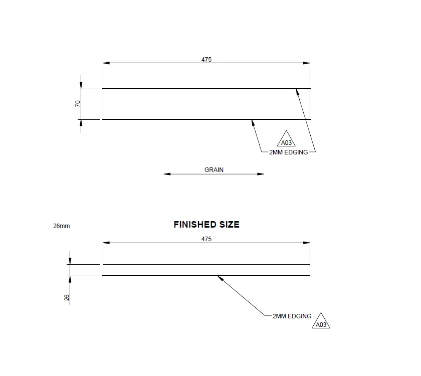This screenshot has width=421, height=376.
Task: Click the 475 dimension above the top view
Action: [x=206, y=59]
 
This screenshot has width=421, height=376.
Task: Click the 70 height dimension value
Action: [x=78, y=104]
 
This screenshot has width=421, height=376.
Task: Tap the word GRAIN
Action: [x=214, y=170]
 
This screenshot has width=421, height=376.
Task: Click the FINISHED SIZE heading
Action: [x=206, y=225]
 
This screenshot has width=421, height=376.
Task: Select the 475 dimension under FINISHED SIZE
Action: [x=206, y=239]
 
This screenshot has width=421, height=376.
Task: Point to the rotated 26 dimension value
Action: [x=67, y=297]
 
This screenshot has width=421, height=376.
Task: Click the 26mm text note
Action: [x=61, y=226]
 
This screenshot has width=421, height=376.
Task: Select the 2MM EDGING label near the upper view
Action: [x=289, y=151]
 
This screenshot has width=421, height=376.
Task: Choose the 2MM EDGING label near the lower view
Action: [x=292, y=316]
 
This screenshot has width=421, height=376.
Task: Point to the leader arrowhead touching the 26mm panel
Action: [x=219, y=277]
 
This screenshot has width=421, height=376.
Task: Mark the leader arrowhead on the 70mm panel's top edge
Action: [x=297, y=91]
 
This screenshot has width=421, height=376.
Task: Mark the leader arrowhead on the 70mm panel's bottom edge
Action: [x=253, y=121]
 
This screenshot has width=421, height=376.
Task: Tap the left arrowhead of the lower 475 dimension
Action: [x=105, y=243]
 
